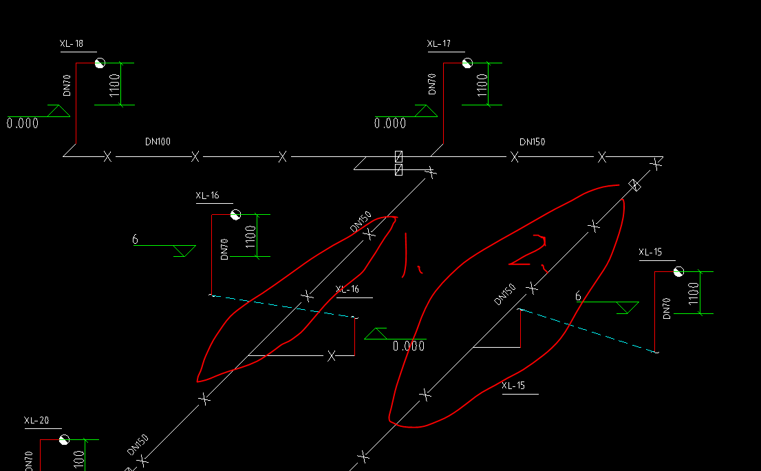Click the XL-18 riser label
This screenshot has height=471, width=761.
pos(72,44)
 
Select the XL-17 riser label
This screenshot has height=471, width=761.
pos(439,44)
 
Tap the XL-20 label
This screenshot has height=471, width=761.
pos(36,420)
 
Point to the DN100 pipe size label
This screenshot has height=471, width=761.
pos(158,142)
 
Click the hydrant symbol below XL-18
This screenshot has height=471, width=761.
pos(100,63)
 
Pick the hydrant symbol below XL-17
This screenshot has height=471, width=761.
pos(467,63)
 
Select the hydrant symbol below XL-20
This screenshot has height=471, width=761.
pos(64,439)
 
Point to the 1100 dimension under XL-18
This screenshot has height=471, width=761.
pos(115,85)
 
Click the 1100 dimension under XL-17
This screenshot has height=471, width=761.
pos(482,85)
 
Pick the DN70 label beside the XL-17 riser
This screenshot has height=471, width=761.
pos(432,84)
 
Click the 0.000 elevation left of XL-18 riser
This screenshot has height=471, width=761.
pos(23,124)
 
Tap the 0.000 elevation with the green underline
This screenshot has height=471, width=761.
pos(409,346)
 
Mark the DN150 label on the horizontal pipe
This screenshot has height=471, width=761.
pos(532,142)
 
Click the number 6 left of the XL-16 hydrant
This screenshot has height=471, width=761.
pos(135,240)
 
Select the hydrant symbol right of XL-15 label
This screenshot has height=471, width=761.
pos(678,271)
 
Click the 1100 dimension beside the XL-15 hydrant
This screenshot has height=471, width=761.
pos(694,294)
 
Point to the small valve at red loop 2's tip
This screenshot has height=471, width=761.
pos(636,185)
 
